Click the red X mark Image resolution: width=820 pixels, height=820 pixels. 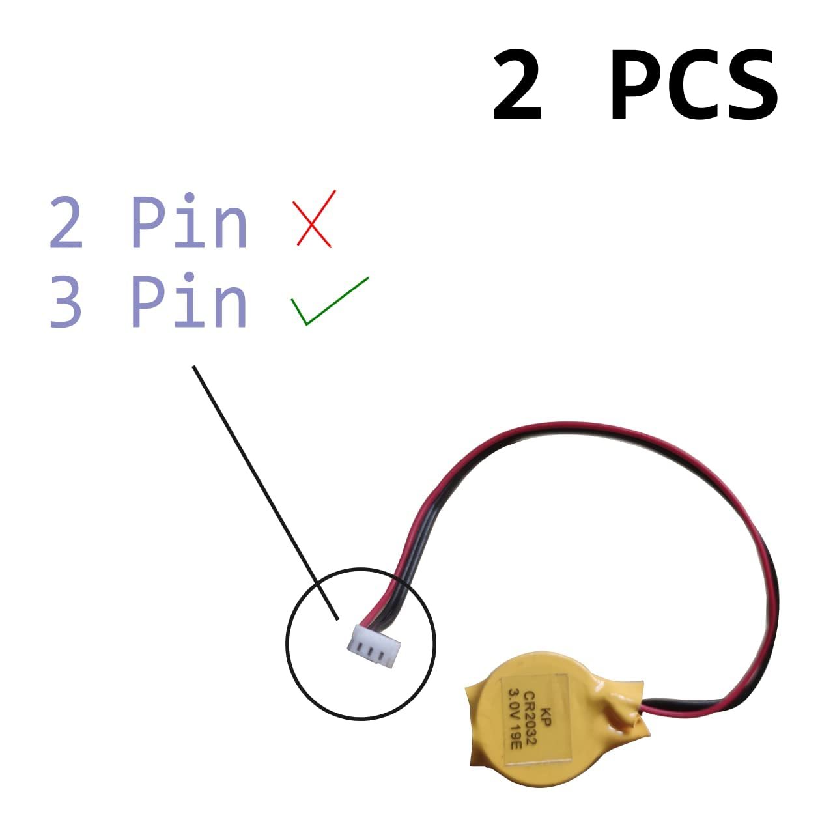[x=315, y=219]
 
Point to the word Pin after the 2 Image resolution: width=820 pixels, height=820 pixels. [x=189, y=221]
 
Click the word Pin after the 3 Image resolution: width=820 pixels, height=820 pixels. [x=189, y=301]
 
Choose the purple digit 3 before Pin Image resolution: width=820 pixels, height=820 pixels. [x=66, y=301]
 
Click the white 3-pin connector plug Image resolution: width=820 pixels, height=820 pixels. [x=374, y=644]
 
